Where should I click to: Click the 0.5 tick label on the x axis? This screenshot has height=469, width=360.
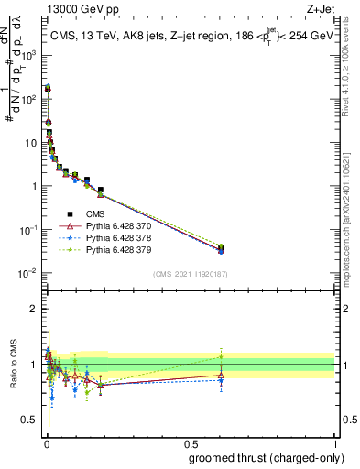point(190,443)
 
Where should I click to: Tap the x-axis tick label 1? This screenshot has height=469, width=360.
point(334,443)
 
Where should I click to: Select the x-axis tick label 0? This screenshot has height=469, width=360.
point(46,443)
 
